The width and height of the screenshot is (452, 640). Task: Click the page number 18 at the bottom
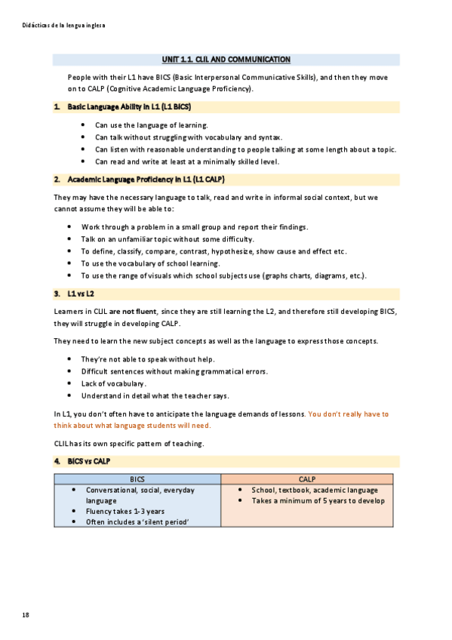pos(26,616)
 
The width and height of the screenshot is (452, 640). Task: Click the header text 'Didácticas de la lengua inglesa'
pos(64,25)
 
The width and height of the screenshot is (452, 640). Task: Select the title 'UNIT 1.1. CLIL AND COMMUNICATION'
pos(226,60)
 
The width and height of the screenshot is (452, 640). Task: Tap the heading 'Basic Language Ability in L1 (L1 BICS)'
pos(129,108)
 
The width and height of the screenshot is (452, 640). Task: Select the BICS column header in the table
pos(137,479)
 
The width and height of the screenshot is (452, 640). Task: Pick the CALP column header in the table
pos(307,479)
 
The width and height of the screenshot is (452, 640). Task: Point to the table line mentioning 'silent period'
pos(137,522)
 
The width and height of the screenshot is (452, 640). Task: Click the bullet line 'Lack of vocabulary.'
pos(113,383)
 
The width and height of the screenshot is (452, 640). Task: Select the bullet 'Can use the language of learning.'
pos(151,125)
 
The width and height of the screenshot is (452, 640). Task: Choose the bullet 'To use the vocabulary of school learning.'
pos(150,263)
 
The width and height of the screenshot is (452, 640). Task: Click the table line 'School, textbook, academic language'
pos(315,490)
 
